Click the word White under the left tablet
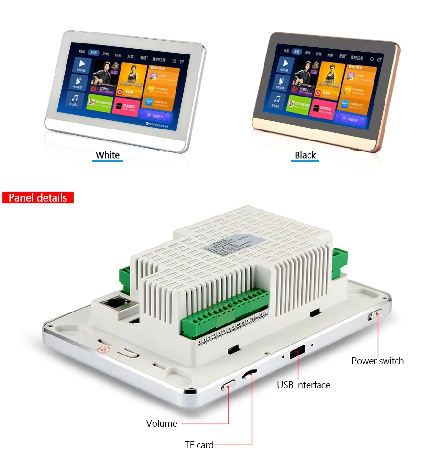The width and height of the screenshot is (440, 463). pyautogui.click(x=108, y=155)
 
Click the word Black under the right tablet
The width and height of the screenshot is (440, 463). pyautogui.click(x=305, y=155)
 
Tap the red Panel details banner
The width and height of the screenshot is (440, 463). pyautogui.click(x=38, y=197)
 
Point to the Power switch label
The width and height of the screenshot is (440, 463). pyautogui.click(x=377, y=361)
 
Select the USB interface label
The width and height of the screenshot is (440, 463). pyautogui.click(x=304, y=385)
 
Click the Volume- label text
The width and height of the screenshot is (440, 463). pyautogui.click(x=163, y=423)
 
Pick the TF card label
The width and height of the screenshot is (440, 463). pyautogui.click(x=199, y=445)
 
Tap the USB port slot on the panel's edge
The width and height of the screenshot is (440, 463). pyautogui.click(x=297, y=353)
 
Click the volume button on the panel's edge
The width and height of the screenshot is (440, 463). pyautogui.click(x=229, y=385)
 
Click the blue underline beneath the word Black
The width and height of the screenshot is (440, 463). pyautogui.click(x=305, y=161)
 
